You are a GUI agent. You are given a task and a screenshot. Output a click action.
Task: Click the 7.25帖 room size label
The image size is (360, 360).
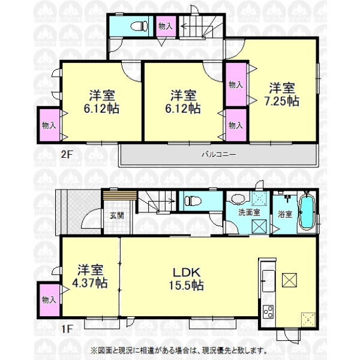click(x=282, y=95)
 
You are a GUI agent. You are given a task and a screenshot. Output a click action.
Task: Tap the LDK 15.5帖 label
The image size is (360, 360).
click(x=187, y=279)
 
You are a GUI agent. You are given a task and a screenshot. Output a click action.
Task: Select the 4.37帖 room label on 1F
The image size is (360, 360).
click(x=90, y=277)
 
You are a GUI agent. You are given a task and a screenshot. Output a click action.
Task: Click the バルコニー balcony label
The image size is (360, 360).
click(x=218, y=154)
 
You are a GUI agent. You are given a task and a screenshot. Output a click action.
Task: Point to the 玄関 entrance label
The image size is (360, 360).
click(x=117, y=215)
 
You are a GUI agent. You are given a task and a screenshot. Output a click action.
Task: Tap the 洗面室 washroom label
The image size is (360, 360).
click(x=249, y=212)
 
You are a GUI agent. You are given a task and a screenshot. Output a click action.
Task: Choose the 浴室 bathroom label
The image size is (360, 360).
click(x=285, y=214)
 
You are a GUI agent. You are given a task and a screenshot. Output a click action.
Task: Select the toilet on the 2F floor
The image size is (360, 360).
click(x=139, y=26)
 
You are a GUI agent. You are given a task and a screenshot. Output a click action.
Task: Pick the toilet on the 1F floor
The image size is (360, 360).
click(x=193, y=201)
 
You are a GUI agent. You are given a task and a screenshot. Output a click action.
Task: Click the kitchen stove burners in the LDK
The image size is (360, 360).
click(x=268, y=311)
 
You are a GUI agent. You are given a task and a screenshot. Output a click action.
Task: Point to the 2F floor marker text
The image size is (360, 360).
click(x=67, y=154)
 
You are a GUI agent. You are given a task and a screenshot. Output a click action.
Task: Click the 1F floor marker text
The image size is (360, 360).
click(x=67, y=329)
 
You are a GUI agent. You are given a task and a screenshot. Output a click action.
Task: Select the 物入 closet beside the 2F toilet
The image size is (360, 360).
click(x=166, y=26)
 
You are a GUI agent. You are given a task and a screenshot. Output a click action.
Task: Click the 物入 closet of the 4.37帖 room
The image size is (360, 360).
click(x=49, y=300)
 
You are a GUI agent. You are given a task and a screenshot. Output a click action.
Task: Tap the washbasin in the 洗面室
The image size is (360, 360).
click(x=238, y=199)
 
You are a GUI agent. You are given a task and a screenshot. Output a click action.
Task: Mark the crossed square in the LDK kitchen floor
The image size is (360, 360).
click(x=289, y=280)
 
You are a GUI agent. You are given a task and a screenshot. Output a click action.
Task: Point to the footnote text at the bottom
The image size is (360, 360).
click(x=179, y=350)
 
